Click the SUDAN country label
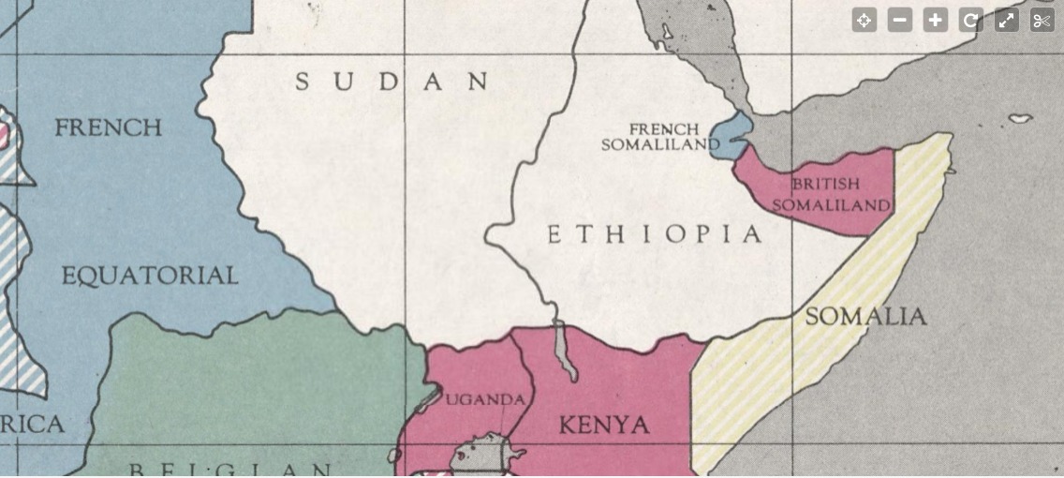[392, 82]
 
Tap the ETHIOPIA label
[655, 234]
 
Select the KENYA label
[604, 426]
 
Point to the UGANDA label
[484, 400]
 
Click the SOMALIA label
[865, 317]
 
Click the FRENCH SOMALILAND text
[661, 137]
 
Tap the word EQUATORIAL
[150, 276]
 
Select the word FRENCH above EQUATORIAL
[108, 127]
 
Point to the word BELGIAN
[229, 470]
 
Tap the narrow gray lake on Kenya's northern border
[565, 351]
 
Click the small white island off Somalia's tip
[1020, 119]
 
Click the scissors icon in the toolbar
[1042, 21]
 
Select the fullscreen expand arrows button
[1007, 21]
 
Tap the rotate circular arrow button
[971, 21]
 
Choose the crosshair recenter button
[864, 21]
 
